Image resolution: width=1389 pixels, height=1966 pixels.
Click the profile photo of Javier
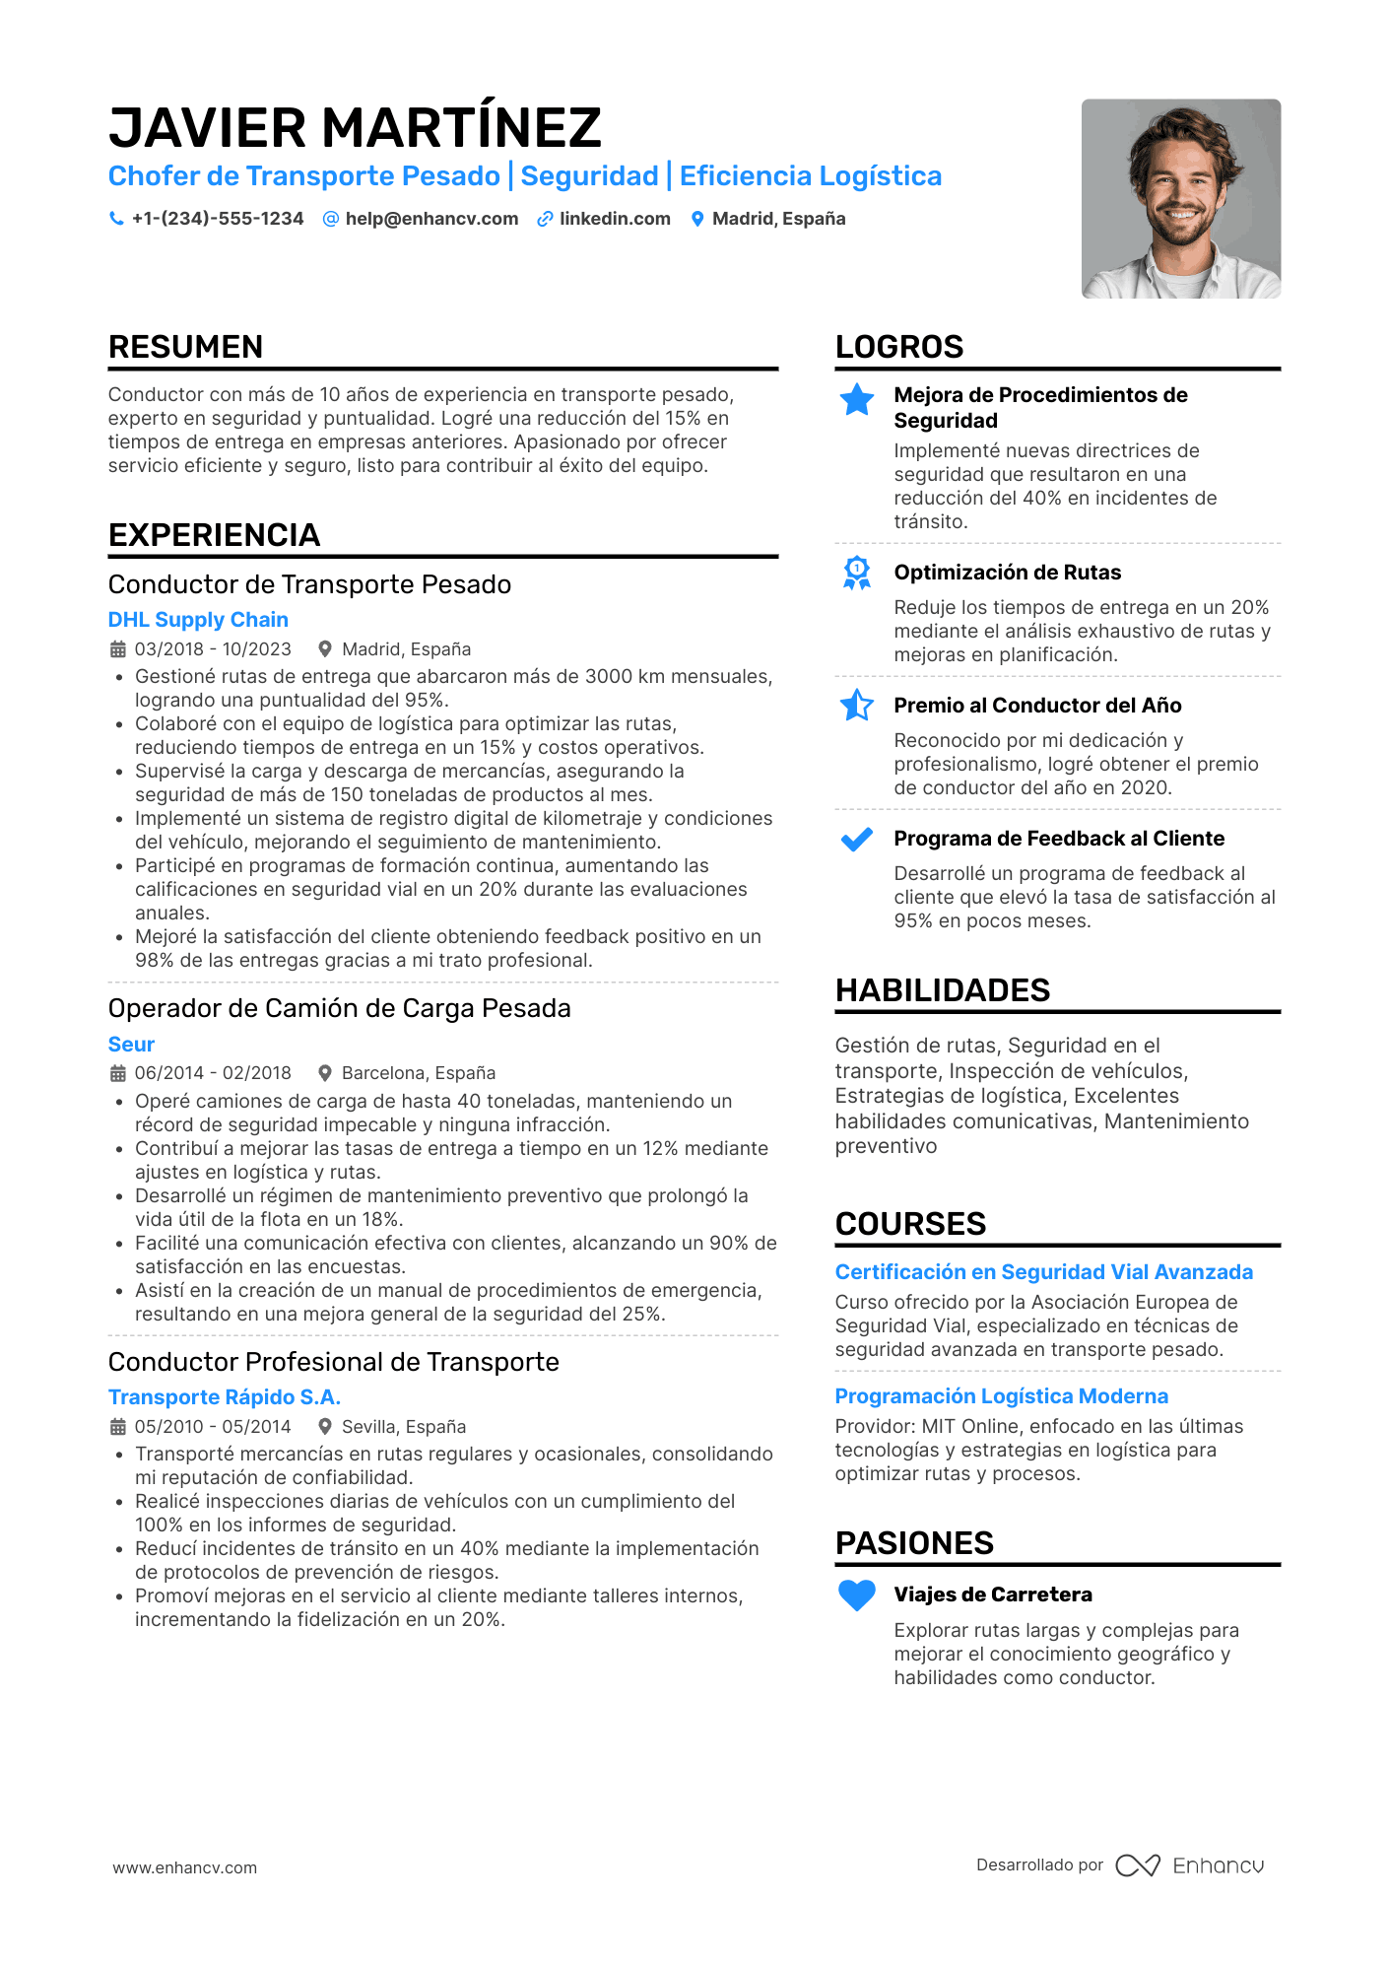coord(1180,198)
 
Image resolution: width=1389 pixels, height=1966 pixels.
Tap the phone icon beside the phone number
coord(116,219)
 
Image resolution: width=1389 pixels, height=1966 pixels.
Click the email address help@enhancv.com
coord(431,219)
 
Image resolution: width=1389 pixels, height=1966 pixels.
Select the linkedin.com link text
coord(615,219)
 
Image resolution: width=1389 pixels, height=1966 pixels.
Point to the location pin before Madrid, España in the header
coord(697,219)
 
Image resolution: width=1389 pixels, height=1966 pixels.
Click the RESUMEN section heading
coord(185,347)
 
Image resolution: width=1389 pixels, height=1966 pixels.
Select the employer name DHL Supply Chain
coord(198,620)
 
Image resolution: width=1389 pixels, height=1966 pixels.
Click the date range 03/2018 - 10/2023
coord(213,649)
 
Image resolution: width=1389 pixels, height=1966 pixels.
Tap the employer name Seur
coord(131,1045)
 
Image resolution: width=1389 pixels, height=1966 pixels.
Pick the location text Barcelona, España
coord(418,1073)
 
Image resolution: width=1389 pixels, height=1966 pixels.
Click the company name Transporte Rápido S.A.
coord(224,1397)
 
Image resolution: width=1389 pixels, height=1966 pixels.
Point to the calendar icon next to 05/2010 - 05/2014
coord(118,1427)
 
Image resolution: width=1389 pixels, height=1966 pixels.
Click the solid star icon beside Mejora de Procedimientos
coord(857,399)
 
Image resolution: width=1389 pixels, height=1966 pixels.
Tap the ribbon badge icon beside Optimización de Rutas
coord(857,573)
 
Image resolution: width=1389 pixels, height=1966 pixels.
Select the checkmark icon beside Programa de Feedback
coord(857,840)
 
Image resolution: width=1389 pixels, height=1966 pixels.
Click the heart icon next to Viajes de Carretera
coord(857,1595)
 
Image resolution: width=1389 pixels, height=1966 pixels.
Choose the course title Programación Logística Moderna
coord(1001,1396)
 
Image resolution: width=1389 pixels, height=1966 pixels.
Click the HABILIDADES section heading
coord(942,990)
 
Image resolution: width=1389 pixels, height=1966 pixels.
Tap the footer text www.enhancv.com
coord(184,1867)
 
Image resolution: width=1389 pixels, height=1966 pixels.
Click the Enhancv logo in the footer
coord(1190,1865)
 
